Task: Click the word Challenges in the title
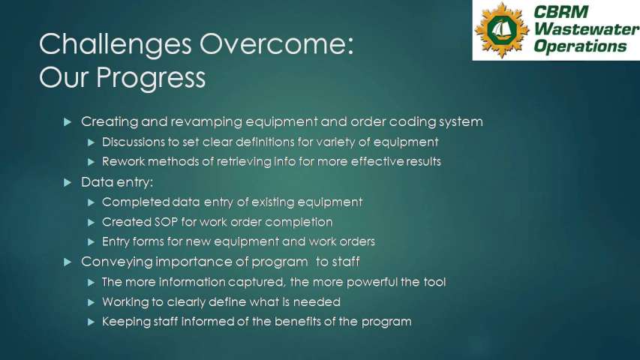coord(115,45)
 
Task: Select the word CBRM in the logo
coord(560,12)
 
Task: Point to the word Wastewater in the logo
coord(587,29)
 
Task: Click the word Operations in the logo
coord(580,46)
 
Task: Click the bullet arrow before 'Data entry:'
coord(68,182)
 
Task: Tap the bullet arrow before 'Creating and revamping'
coord(68,121)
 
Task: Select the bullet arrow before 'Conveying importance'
coord(68,262)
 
